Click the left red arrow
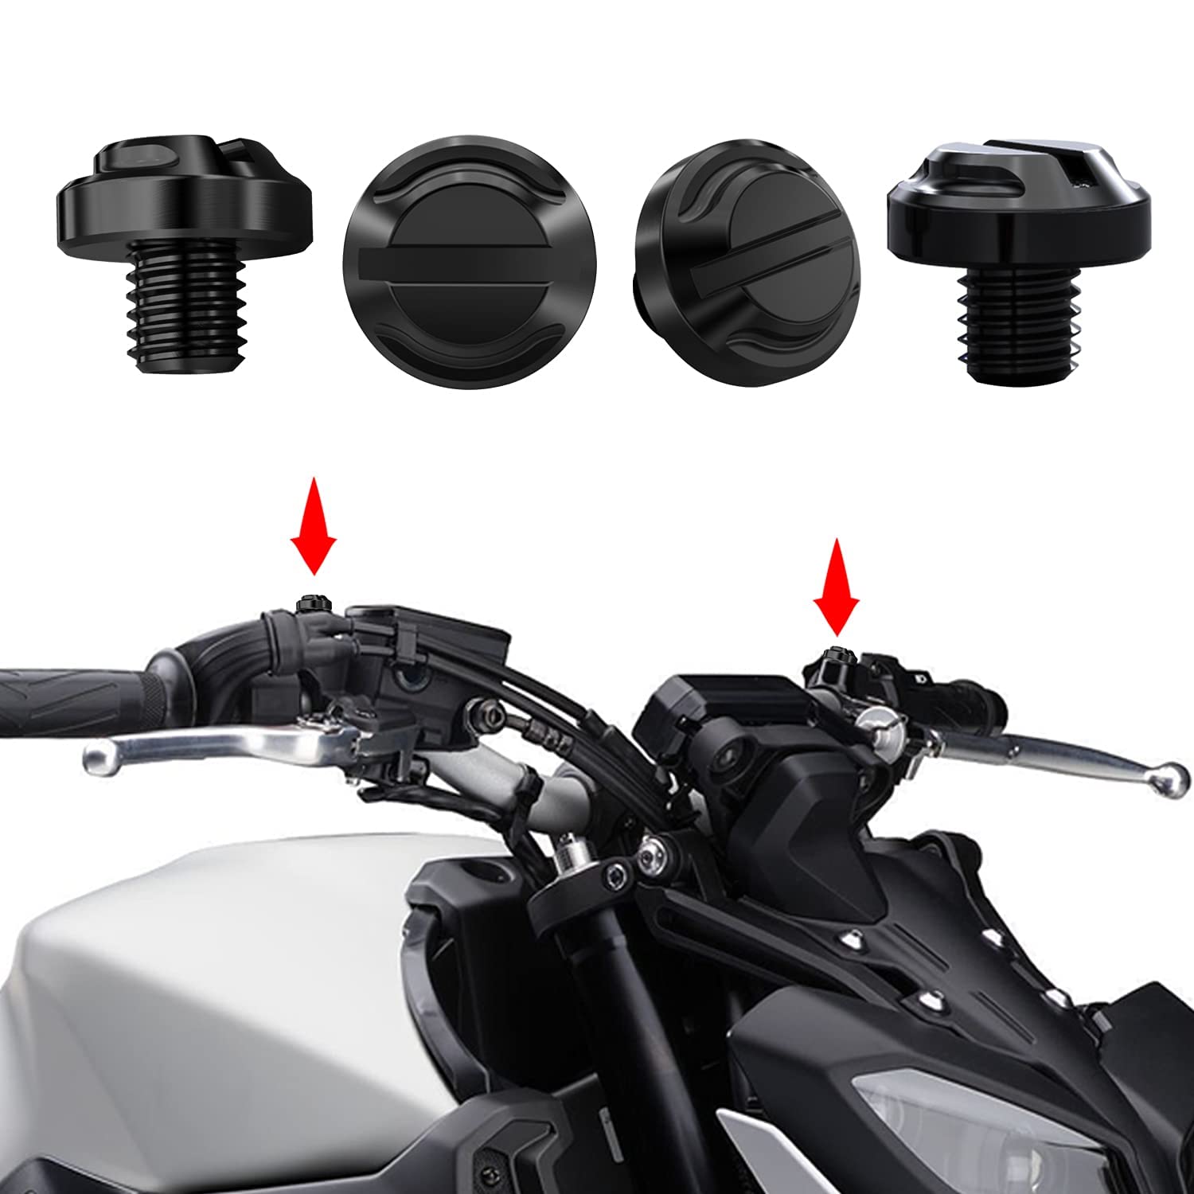pyautogui.click(x=313, y=525)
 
